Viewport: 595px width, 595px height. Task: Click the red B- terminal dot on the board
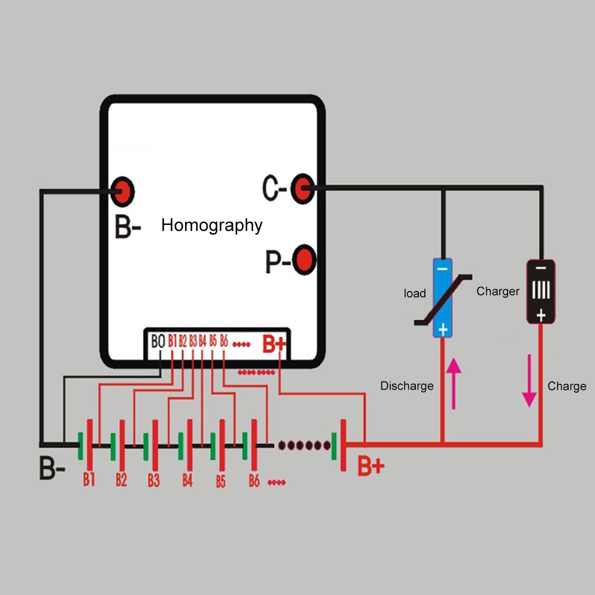[x=124, y=191]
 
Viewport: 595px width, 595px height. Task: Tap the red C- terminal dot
[x=303, y=189]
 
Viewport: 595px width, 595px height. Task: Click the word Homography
[x=212, y=226]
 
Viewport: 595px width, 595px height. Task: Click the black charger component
[x=540, y=291]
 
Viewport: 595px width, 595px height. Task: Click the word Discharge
[x=407, y=386]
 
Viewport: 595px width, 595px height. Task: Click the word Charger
[x=498, y=291]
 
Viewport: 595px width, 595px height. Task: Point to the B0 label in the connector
[x=158, y=342]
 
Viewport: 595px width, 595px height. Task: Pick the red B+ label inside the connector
[x=274, y=343]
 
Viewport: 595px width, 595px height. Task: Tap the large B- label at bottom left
[x=52, y=468]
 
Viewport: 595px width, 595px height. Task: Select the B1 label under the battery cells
[x=89, y=480]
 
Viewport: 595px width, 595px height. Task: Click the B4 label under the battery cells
[x=187, y=480]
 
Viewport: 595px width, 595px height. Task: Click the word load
[x=415, y=293]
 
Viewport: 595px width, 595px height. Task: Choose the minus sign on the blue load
[x=442, y=268]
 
